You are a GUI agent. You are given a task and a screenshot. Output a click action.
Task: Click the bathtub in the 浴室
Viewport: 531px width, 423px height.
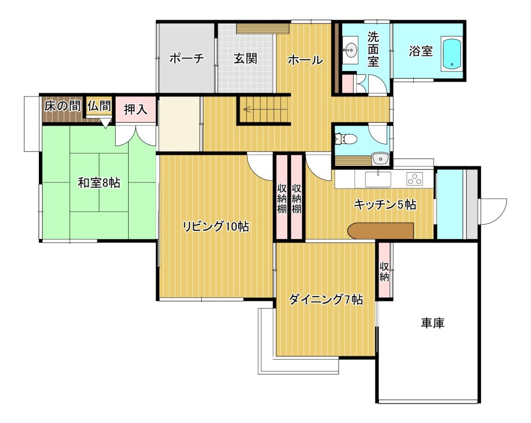click(x=452, y=55)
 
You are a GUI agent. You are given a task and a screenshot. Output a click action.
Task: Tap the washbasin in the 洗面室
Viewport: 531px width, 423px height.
click(x=351, y=50)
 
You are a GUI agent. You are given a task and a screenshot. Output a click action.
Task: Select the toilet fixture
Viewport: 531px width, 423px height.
click(x=345, y=138)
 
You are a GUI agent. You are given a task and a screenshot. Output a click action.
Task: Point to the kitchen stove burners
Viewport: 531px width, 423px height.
click(x=415, y=179)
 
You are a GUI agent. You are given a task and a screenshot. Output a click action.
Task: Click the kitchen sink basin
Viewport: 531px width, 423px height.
click(x=378, y=179)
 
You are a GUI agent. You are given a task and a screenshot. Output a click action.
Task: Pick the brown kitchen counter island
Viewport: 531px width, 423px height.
click(x=381, y=231)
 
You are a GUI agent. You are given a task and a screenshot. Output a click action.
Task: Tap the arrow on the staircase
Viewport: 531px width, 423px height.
click(x=247, y=109)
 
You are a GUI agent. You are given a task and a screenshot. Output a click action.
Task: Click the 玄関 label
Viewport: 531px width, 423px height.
click(x=245, y=59)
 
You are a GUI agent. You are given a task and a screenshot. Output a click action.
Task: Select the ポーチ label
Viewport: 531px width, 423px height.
click(x=187, y=58)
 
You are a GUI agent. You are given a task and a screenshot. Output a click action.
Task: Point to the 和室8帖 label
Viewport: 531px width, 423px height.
click(x=99, y=183)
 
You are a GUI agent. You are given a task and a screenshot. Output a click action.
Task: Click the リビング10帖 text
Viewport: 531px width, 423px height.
click(x=216, y=227)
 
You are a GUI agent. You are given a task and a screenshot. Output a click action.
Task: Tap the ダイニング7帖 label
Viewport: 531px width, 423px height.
click(x=326, y=300)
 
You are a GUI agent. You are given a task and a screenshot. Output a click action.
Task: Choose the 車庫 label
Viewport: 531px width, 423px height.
click(x=432, y=322)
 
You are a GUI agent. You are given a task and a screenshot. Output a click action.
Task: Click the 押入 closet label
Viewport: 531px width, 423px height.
click(x=135, y=109)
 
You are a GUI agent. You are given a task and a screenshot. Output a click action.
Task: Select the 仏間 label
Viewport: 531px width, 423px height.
click(x=99, y=106)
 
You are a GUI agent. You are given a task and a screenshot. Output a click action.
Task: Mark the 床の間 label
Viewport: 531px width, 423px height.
click(x=62, y=106)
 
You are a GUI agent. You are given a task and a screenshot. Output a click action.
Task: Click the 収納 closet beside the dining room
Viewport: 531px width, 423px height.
click(x=384, y=270)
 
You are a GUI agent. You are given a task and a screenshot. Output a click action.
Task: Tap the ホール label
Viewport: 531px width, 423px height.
click(x=305, y=60)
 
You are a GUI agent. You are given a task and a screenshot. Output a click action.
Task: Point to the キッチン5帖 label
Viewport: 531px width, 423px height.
click(x=385, y=205)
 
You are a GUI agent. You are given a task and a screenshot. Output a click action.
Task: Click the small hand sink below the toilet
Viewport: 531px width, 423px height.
click(x=380, y=159)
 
